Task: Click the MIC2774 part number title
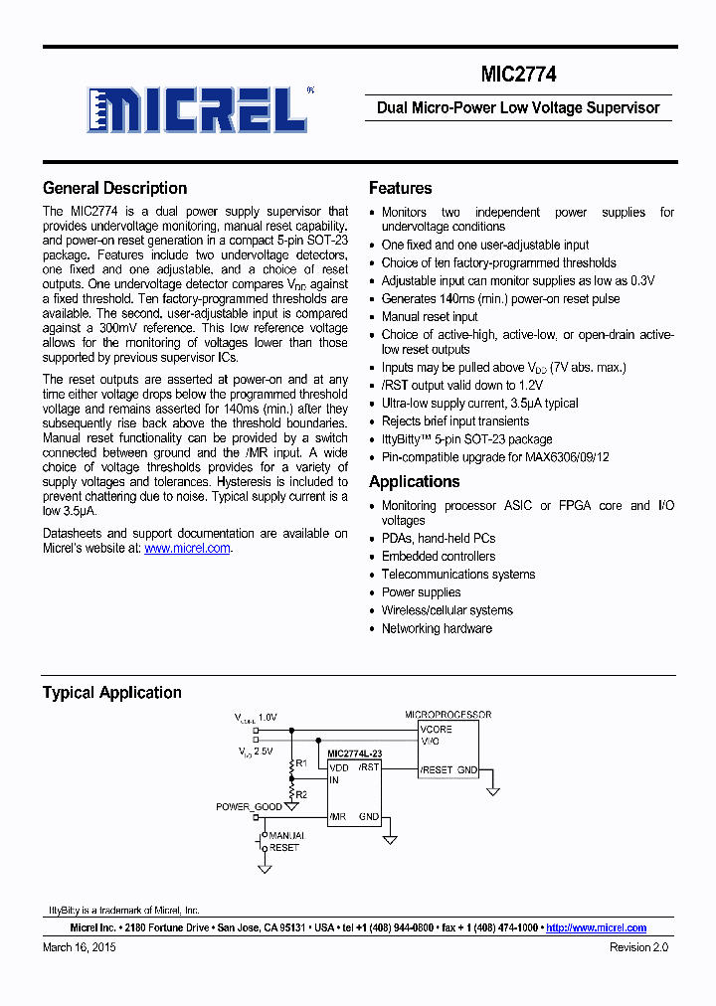[x=519, y=74]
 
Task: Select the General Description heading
[x=114, y=188]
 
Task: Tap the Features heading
[x=400, y=188]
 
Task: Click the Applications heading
[x=414, y=482]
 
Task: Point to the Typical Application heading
[x=111, y=693]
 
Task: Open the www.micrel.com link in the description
[x=187, y=548]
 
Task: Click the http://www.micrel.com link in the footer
[x=596, y=927]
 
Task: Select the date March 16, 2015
[x=80, y=948]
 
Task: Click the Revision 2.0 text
[x=638, y=948]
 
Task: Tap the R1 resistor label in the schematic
[x=301, y=763]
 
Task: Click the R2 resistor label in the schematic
[x=301, y=794]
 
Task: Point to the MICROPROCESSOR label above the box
[x=447, y=715]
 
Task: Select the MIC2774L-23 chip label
[x=354, y=754]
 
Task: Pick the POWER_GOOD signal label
[x=249, y=807]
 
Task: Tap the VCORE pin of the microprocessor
[x=437, y=729]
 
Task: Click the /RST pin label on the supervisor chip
[x=369, y=766]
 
